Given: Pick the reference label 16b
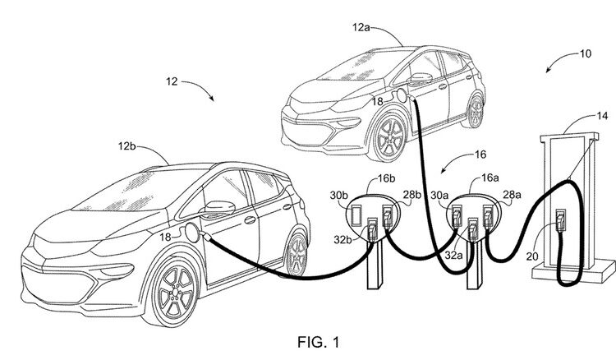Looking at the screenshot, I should (386, 179).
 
